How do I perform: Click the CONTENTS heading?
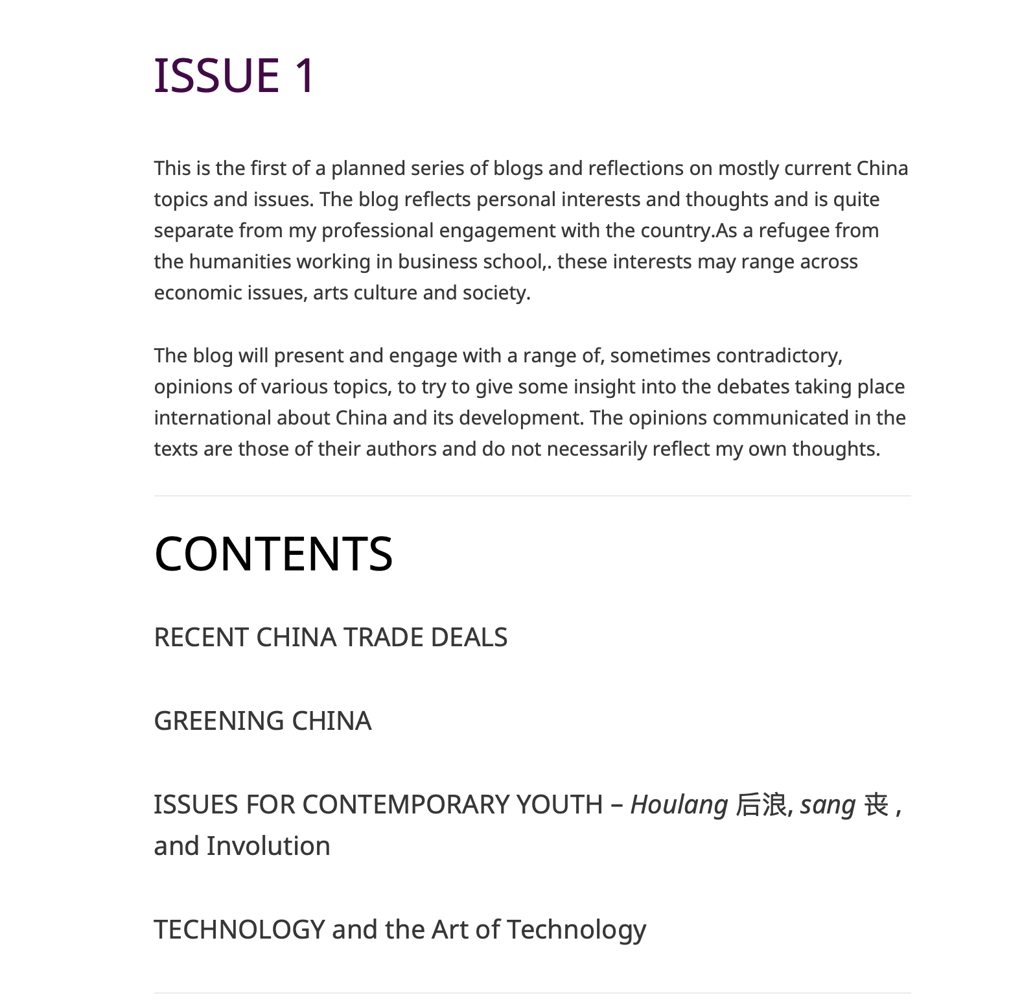point(273,554)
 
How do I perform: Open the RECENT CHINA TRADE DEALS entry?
point(331,637)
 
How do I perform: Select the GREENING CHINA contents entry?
point(262,721)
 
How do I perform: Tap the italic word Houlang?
point(679,805)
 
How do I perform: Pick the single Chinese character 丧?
point(876,805)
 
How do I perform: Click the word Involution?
point(268,846)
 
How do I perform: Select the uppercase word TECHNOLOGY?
point(239,930)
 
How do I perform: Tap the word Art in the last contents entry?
point(450,930)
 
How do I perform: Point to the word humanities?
point(240,262)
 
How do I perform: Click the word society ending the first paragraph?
point(495,293)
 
